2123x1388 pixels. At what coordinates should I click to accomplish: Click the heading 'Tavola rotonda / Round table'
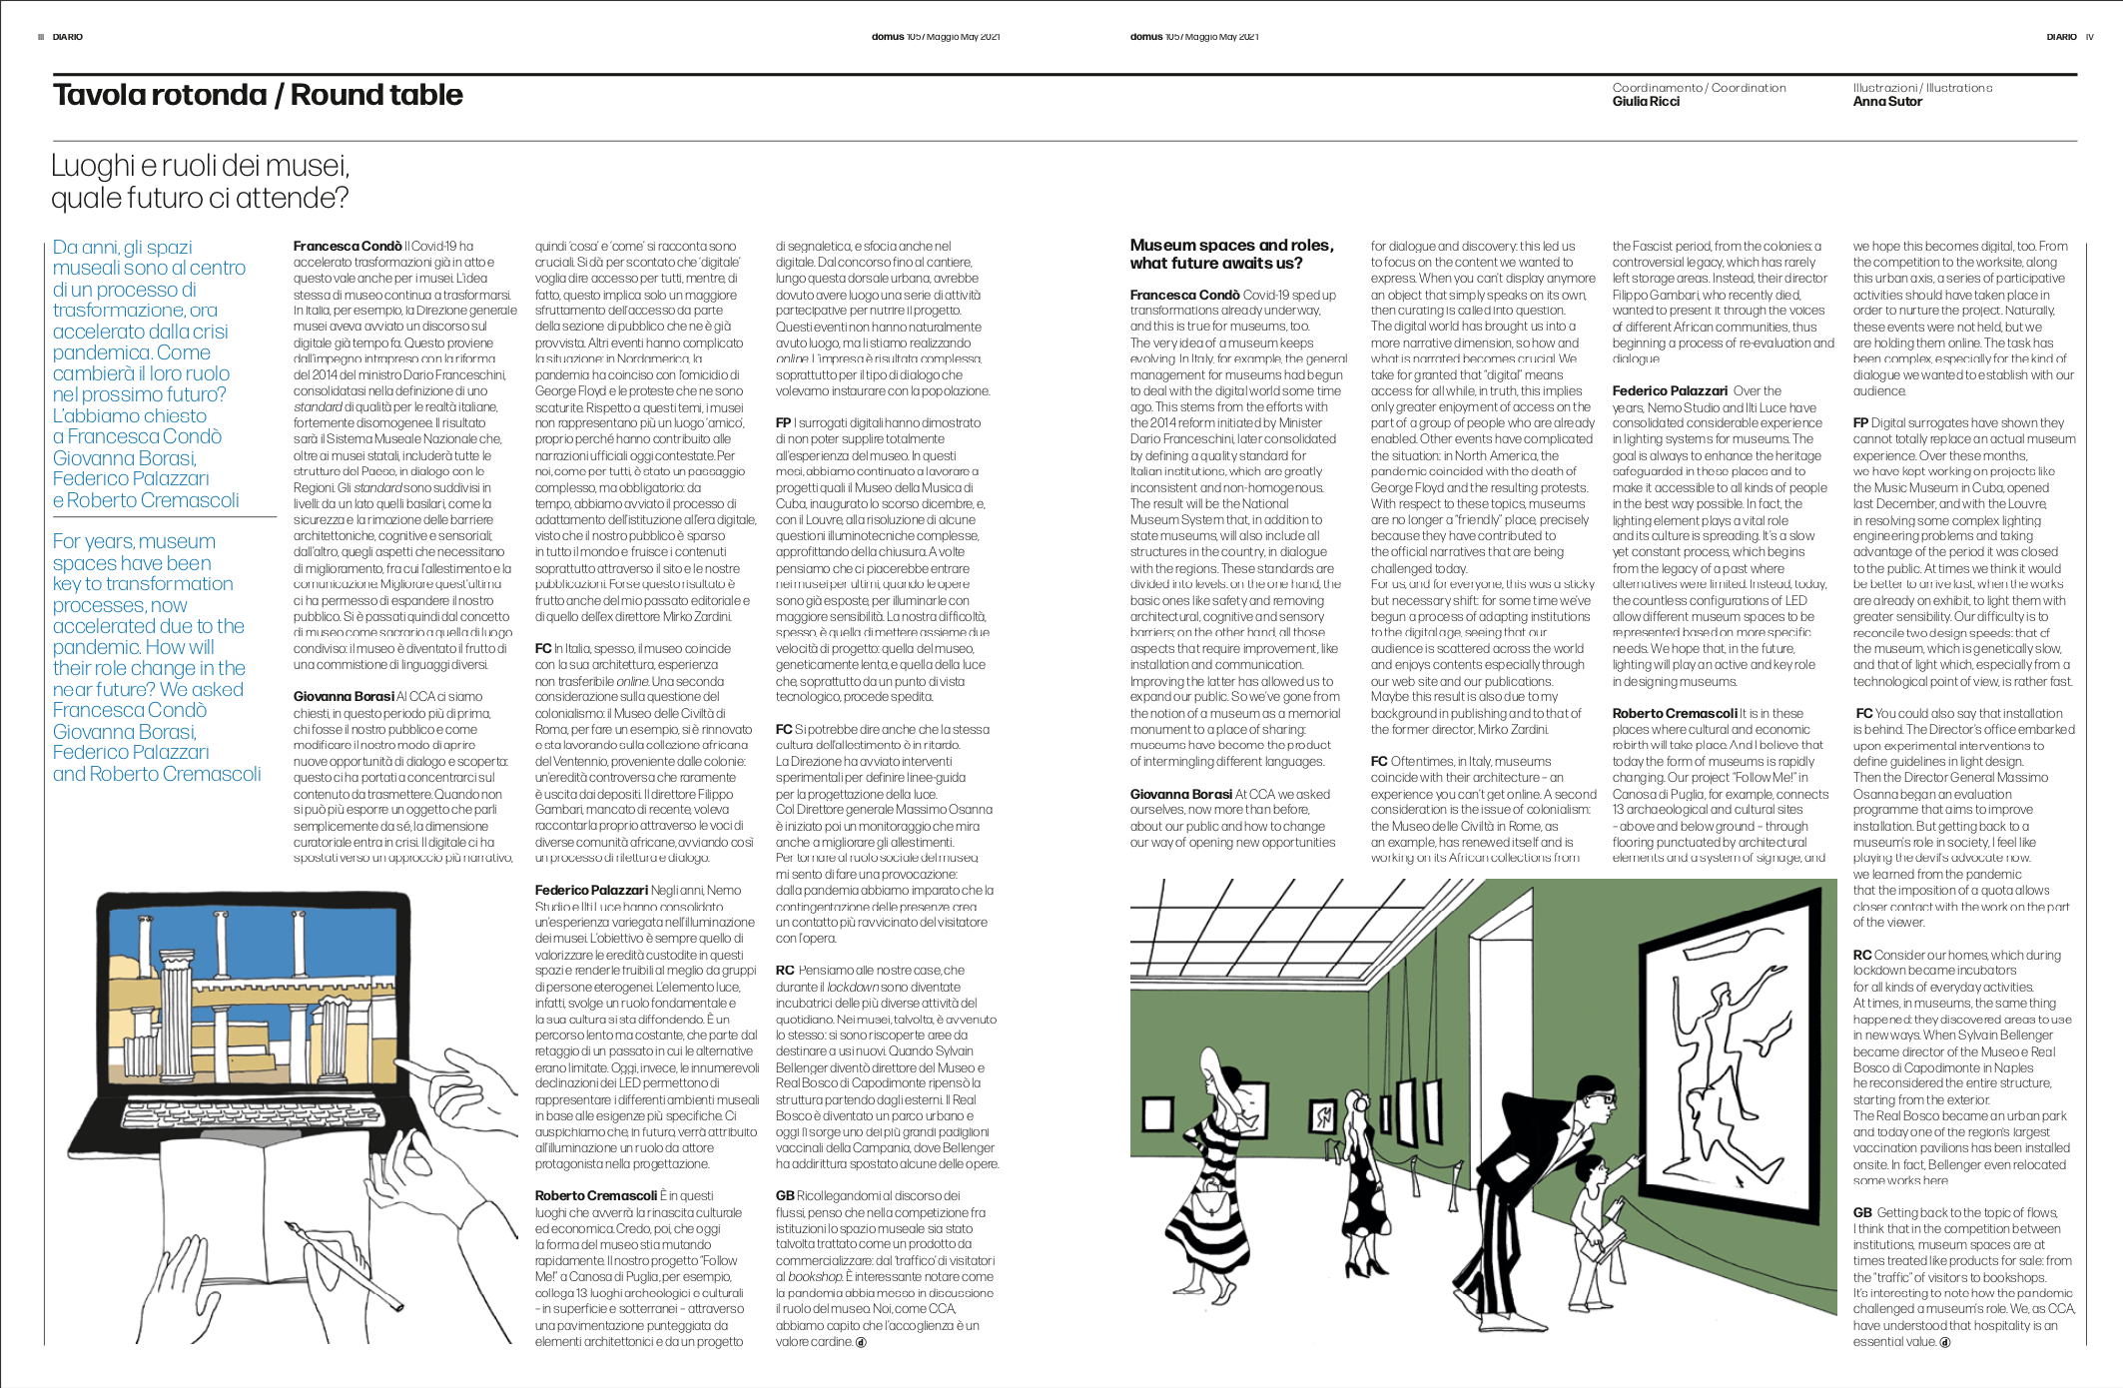pos(258,95)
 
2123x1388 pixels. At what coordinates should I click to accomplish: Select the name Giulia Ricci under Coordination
pos(1646,102)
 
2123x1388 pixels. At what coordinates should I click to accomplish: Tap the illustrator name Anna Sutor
pos(1886,102)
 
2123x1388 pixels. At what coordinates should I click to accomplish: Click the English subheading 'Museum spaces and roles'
pos(1230,246)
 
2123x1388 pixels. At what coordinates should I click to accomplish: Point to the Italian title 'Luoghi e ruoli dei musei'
pos(200,165)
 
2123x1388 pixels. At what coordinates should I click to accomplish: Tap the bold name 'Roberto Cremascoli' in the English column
pos(1675,714)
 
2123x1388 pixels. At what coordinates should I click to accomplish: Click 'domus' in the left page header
pos(887,37)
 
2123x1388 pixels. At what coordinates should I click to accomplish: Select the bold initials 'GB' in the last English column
pos(1862,1213)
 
